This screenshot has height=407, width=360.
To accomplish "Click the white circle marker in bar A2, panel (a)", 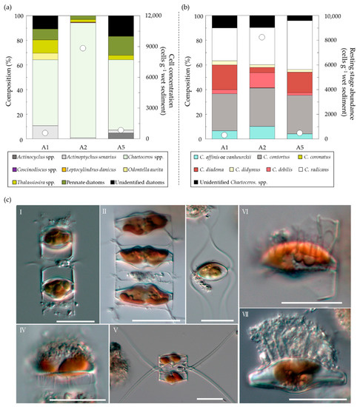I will click(83, 48).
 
